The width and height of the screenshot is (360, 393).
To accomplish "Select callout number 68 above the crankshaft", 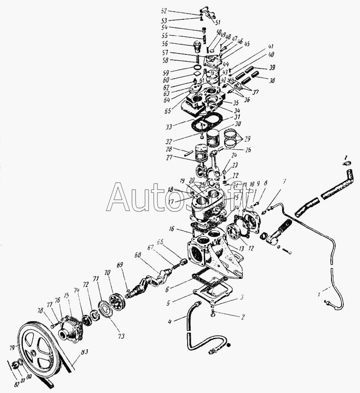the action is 137,255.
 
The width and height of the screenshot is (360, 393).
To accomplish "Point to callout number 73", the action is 122,335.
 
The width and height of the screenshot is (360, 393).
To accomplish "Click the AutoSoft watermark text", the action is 180,198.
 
